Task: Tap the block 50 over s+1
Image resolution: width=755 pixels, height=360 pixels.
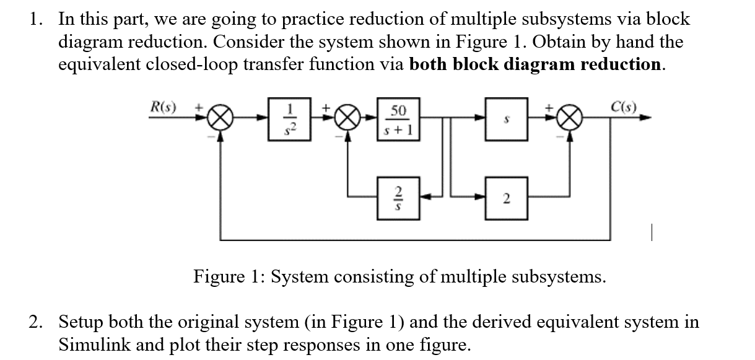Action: pos(399,119)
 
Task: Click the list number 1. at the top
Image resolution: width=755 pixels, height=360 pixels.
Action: pos(36,19)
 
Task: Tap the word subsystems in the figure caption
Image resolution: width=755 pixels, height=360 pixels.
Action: pos(556,276)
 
